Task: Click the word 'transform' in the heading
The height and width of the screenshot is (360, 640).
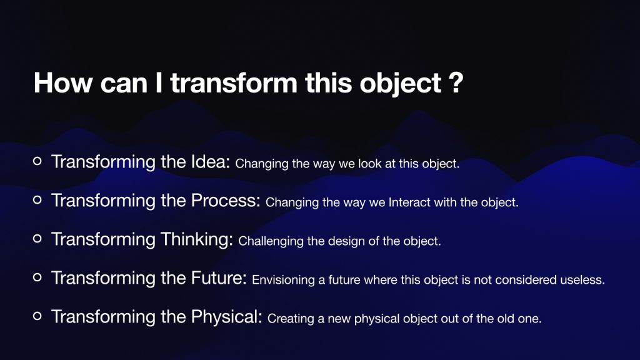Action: click(234, 83)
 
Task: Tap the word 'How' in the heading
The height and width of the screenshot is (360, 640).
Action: click(63, 83)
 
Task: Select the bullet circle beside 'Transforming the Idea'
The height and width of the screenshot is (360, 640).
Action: click(37, 161)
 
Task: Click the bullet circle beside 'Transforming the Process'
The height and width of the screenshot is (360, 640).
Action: click(37, 200)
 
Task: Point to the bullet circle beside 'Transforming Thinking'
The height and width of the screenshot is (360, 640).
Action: click(37, 239)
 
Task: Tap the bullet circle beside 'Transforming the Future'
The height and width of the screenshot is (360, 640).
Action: click(37, 277)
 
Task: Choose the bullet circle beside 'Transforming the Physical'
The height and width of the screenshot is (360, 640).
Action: click(37, 316)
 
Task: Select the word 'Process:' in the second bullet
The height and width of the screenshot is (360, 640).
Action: click(226, 201)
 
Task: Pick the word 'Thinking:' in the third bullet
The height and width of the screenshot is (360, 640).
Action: click(197, 239)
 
